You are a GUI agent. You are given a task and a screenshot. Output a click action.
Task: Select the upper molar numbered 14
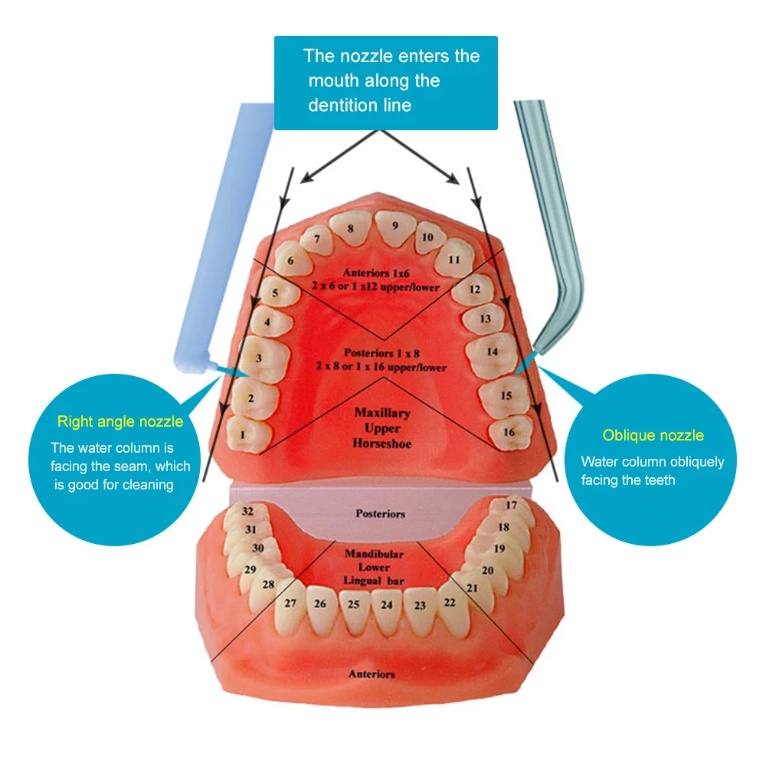491,353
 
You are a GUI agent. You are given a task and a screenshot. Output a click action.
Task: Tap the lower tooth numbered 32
247,512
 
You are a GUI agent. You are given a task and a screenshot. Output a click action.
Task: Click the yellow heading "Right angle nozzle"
120,421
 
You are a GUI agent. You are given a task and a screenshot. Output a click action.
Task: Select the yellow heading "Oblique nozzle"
653,435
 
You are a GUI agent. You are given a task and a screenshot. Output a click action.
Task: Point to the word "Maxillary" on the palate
382,413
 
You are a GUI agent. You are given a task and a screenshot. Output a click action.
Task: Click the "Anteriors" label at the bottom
372,674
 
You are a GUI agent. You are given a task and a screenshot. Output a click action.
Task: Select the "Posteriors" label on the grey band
380,513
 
